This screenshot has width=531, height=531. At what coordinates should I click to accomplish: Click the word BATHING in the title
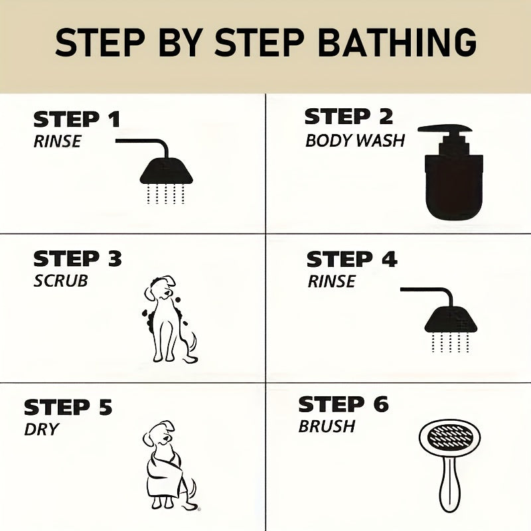397,42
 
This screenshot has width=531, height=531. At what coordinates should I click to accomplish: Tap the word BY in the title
181,42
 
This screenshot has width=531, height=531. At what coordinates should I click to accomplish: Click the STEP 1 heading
77,119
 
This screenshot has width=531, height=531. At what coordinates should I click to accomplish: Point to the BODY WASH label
355,141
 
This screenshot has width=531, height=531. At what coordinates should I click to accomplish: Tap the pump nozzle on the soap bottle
444,129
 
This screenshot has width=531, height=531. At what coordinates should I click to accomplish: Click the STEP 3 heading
78,259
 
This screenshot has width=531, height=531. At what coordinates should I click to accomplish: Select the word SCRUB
60,281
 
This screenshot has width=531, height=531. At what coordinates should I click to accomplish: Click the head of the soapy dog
160,288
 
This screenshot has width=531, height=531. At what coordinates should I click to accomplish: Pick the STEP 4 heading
352,260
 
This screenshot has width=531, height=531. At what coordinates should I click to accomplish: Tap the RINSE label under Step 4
331,281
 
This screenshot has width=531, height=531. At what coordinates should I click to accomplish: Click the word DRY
42,429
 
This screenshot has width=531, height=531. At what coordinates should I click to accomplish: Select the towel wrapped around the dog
165,475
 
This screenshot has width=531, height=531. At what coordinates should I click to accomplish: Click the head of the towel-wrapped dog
159,434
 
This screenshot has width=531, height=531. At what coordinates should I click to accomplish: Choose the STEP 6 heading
343,404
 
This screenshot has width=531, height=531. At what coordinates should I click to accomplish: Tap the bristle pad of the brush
450,436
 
